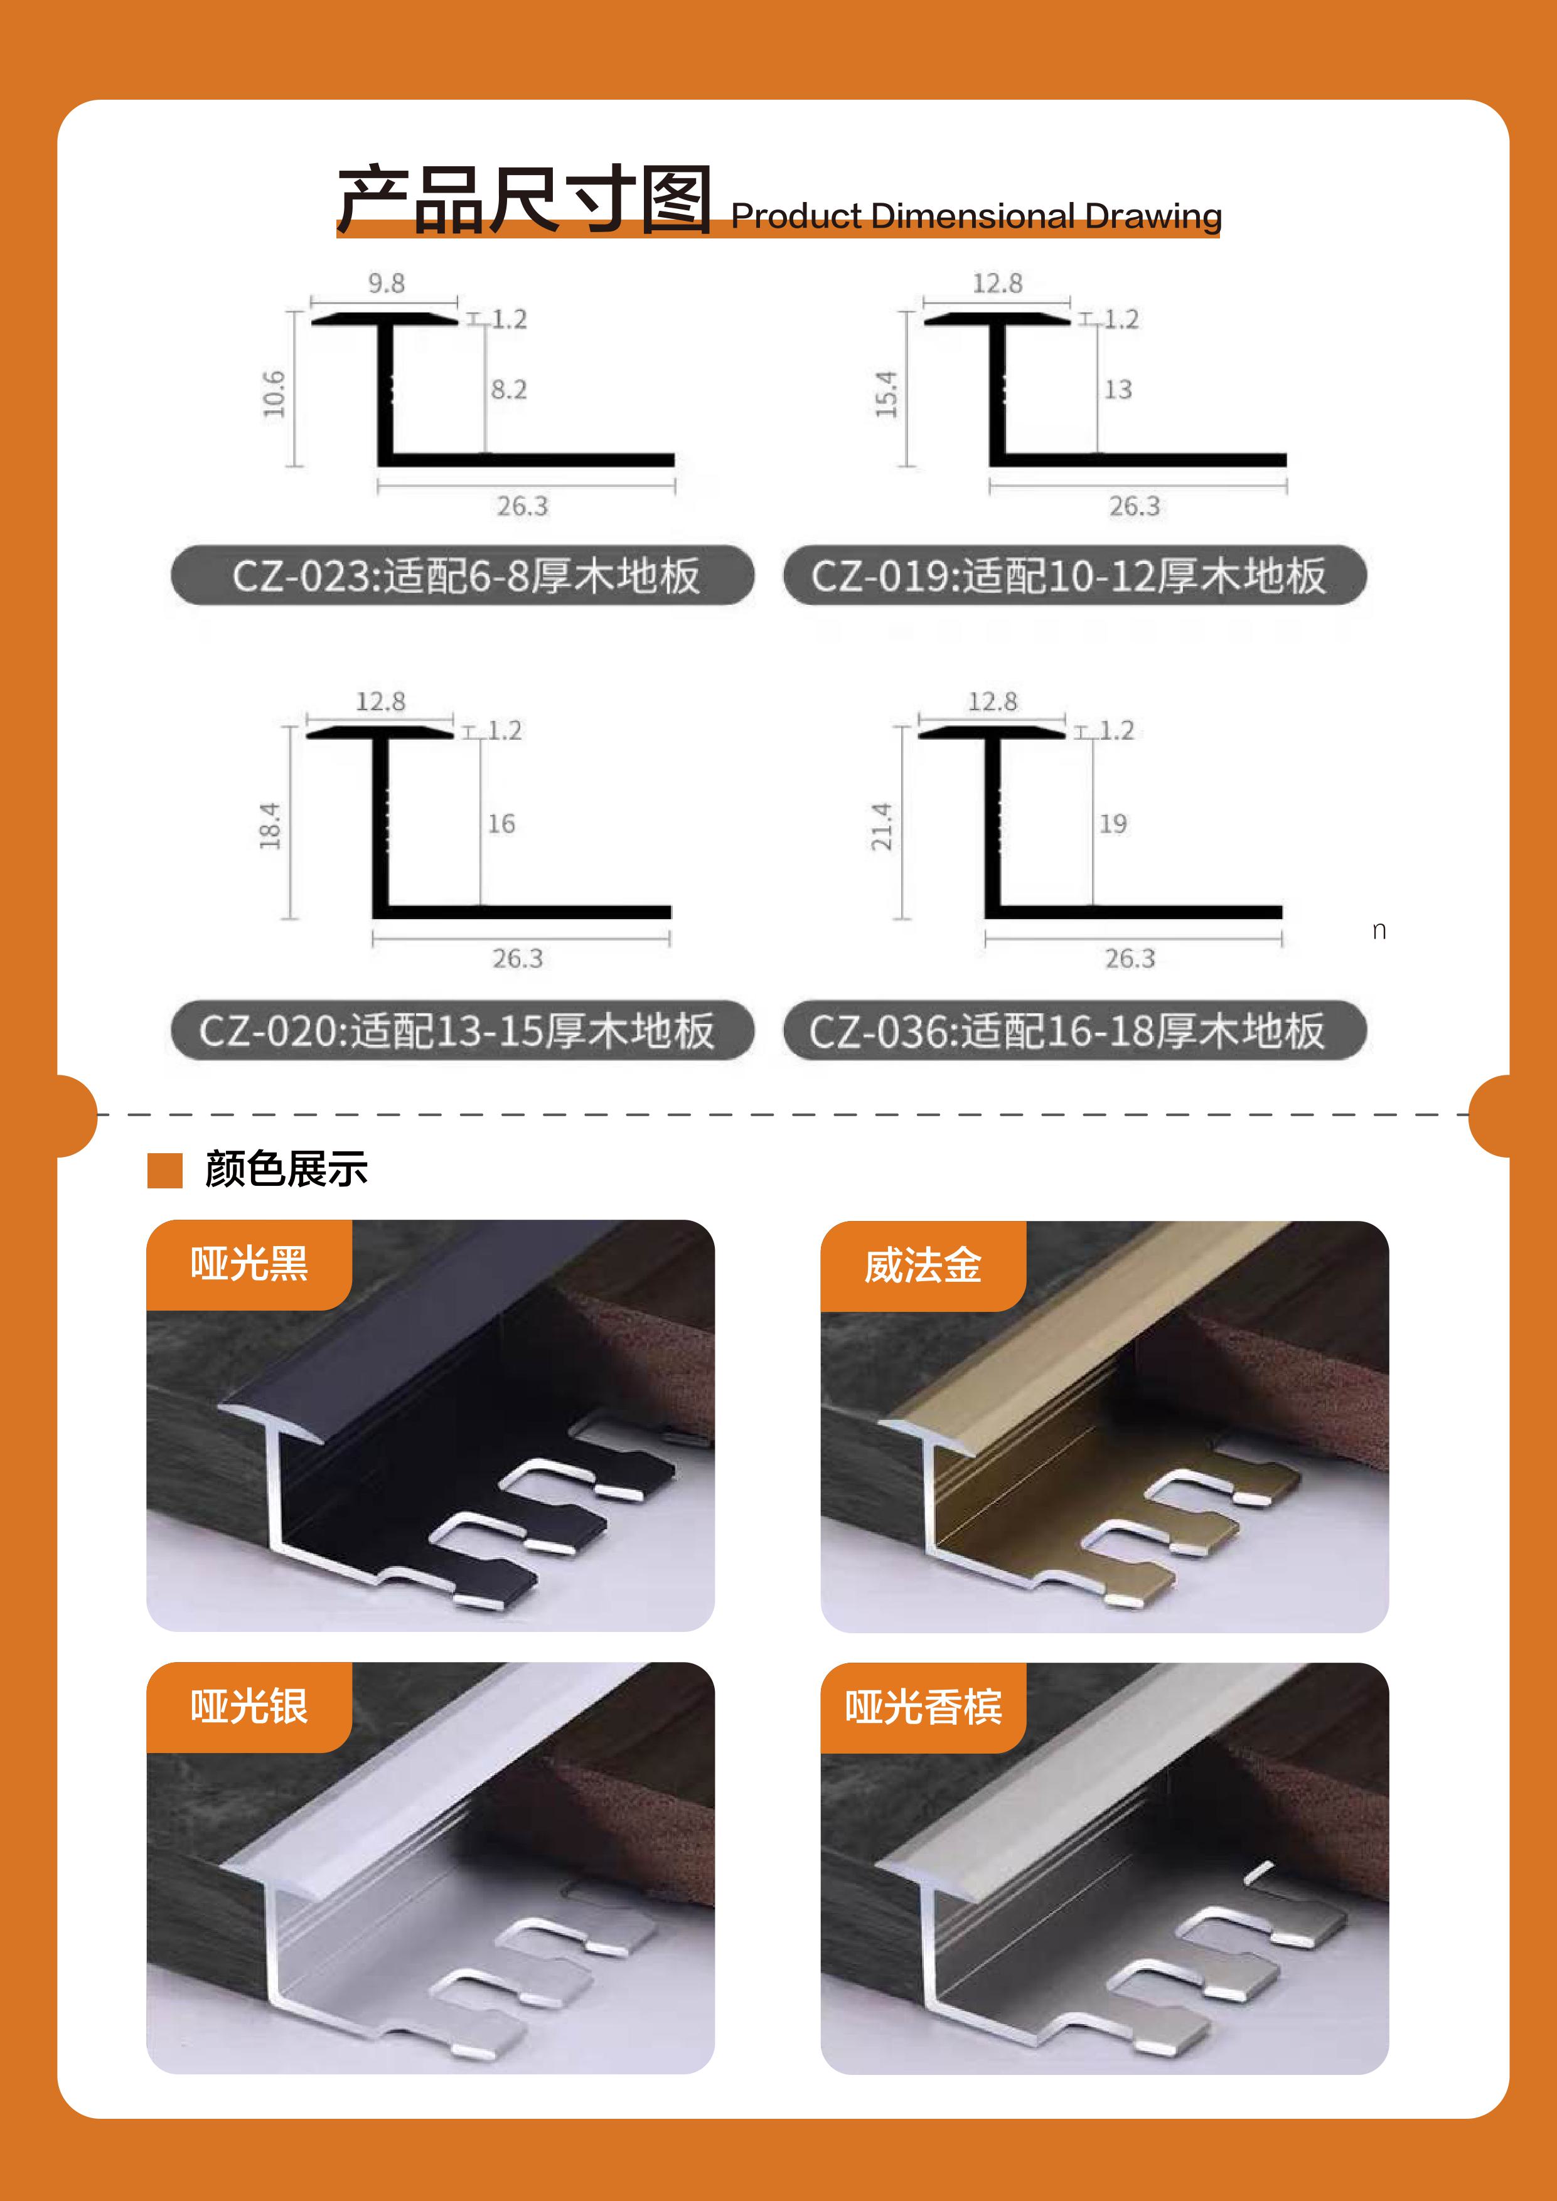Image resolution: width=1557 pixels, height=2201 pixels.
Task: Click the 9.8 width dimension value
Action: coord(387,283)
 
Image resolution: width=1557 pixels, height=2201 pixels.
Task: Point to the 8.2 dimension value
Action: coord(509,389)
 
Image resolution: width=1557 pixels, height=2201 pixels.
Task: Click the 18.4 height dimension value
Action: coord(270,826)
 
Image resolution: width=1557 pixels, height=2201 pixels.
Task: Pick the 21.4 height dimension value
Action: coord(882,826)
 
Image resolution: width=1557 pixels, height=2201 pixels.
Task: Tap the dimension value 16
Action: coord(501,823)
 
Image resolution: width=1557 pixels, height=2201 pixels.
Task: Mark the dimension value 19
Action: coord(1113,823)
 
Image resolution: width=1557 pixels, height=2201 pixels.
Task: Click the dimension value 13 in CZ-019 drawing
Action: coord(1118,389)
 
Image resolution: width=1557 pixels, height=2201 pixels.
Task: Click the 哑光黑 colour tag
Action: coord(249,1264)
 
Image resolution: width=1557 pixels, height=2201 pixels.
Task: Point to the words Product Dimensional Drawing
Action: coord(976,216)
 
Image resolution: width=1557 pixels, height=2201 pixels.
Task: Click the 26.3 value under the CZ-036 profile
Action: coord(1130,957)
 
